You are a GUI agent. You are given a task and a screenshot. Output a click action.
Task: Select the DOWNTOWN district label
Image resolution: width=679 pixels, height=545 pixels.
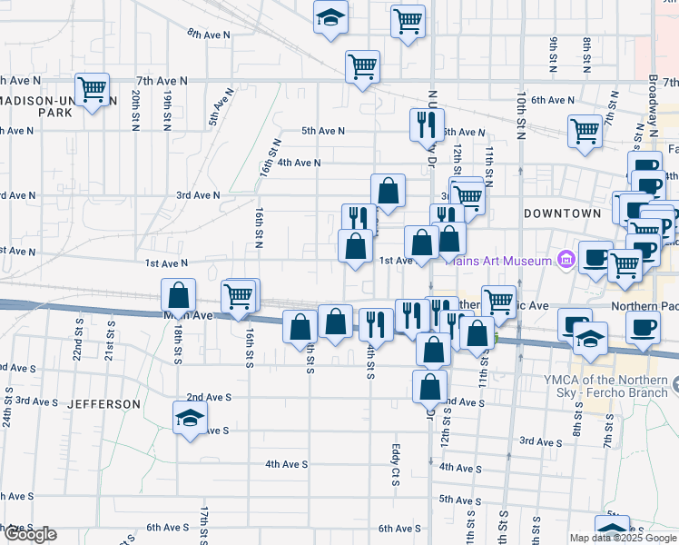tap(562, 213)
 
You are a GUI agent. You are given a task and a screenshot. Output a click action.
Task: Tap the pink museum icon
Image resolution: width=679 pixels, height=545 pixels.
tap(567, 261)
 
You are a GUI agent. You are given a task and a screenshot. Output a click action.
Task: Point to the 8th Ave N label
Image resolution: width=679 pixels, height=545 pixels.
tap(209, 34)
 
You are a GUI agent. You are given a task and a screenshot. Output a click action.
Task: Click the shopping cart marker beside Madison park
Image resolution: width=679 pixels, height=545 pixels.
tap(92, 90)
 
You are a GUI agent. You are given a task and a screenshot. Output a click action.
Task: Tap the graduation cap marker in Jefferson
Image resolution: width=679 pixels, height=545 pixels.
tap(190, 418)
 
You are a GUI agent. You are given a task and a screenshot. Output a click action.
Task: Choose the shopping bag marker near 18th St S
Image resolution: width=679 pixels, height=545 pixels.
tap(179, 294)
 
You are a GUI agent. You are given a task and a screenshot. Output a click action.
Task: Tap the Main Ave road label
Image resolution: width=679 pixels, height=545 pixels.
tap(162, 316)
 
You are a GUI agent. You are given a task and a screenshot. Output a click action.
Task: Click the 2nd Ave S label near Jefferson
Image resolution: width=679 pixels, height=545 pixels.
tap(209, 398)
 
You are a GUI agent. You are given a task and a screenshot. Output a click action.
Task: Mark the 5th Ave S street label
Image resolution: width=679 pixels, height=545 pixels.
tap(459, 500)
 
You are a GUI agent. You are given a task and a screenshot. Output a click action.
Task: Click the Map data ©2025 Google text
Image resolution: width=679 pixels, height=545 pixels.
tap(623, 538)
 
